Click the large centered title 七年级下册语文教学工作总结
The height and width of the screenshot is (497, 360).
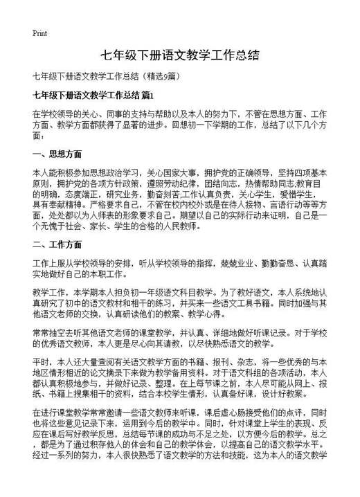(x=180, y=55)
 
